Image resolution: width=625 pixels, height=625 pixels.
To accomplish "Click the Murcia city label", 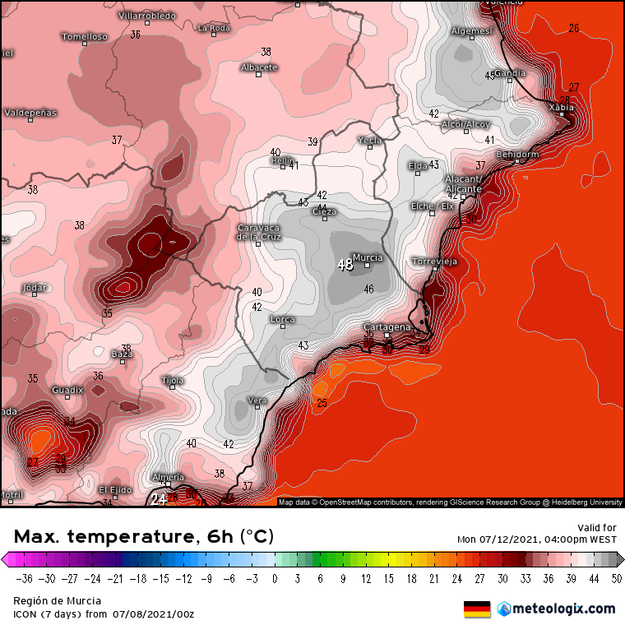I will coord(367,257).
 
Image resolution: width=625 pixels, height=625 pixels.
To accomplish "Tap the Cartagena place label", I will coord(387,327).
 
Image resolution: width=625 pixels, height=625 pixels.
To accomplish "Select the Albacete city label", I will coord(259,67).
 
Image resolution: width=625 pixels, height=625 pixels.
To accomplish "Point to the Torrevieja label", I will coord(434,262).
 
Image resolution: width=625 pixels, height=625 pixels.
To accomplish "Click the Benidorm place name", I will coord(517,155).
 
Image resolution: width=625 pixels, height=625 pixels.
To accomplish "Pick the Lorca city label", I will coord(283,319).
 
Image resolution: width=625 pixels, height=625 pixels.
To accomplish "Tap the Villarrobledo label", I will coord(147,16).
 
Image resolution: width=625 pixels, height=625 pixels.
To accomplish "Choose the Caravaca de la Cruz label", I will coord(259,232).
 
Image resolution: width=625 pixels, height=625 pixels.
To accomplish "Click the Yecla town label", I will coord(370,141).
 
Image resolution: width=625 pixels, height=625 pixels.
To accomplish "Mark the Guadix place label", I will coord(67,389).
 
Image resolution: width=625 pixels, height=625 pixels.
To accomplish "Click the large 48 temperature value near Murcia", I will coord(345,265).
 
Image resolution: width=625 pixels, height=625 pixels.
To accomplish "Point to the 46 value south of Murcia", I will coord(369,289).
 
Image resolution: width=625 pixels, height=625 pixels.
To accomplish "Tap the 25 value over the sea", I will coord(322,403).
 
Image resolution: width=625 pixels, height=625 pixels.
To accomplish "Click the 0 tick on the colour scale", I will coord(275,578).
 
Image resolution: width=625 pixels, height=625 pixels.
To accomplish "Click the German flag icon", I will coord(477,609).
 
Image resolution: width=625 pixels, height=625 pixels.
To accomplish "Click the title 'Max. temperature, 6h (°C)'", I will coord(143,537).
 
